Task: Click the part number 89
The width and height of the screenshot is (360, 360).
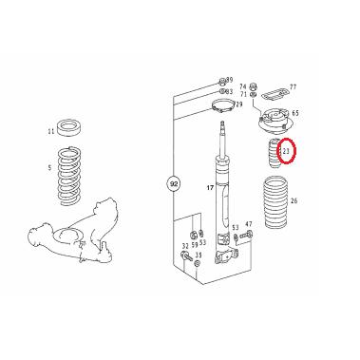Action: pos(229,81)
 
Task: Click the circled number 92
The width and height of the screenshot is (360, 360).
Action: pos(173,182)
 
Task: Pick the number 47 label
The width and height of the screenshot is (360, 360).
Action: pos(249,225)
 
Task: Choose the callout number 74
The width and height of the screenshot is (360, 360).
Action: pos(242,85)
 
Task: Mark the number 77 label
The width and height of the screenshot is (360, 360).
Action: pos(292,85)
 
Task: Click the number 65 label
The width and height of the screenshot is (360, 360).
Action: pos(294,112)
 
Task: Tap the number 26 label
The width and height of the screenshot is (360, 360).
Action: pos(294,200)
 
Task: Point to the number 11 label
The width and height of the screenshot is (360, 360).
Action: pos(50,131)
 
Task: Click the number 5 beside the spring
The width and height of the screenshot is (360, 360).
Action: pos(51,168)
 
